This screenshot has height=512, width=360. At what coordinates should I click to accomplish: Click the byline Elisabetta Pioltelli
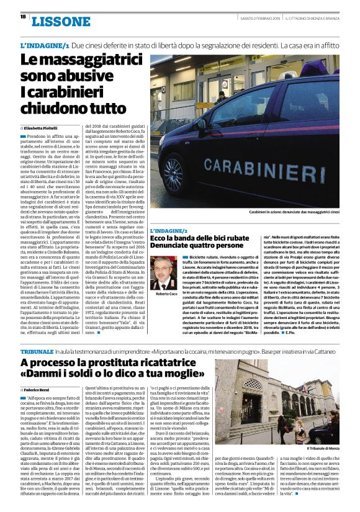point(45,127)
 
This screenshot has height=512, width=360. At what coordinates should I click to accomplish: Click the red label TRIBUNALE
point(40,351)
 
